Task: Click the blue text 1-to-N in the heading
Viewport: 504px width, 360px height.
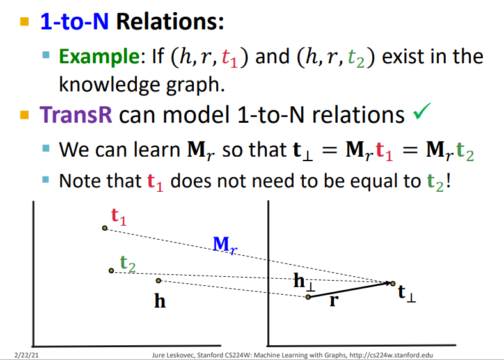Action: pyautogui.click(x=75, y=22)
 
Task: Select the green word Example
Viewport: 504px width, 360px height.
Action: pyautogui.click(x=99, y=56)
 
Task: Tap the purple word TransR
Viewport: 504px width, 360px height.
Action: pyautogui.click(x=76, y=114)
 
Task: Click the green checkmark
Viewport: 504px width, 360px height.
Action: pyautogui.click(x=422, y=111)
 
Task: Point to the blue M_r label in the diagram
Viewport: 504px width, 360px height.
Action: pyautogui.click(x=225, y=246)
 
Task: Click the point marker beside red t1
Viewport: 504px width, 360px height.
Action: pyautogui.click(x=104, y=228)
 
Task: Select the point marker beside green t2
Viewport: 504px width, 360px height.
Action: pyautogui.click(x=111, y=270)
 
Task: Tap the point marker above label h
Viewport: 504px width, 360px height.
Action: pyautogui.click(x=158, y=281)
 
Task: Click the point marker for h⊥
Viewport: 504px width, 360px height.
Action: pyautogui.click(x=308, y=297)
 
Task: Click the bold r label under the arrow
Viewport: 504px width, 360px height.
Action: pyautogui.click(x=335, y=301)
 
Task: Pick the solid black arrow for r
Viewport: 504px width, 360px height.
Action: pyautogui.click(x=350, y=290)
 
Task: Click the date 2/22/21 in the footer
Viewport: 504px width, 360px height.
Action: pyautogui.click(x=27, y=355)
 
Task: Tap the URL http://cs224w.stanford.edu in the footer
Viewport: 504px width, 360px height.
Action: pyautogui.click(x=391, y=355)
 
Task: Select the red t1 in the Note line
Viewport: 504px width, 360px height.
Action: pyautogui.click(x=155, y=182)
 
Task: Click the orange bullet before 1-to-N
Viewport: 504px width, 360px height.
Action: pyautogui.click(x=24, y=22)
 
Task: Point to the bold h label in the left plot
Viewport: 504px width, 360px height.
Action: pyautogui.click(x=160, y=301)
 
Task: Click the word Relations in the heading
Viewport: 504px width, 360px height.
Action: pyautogui.click(x=169, y=22)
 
